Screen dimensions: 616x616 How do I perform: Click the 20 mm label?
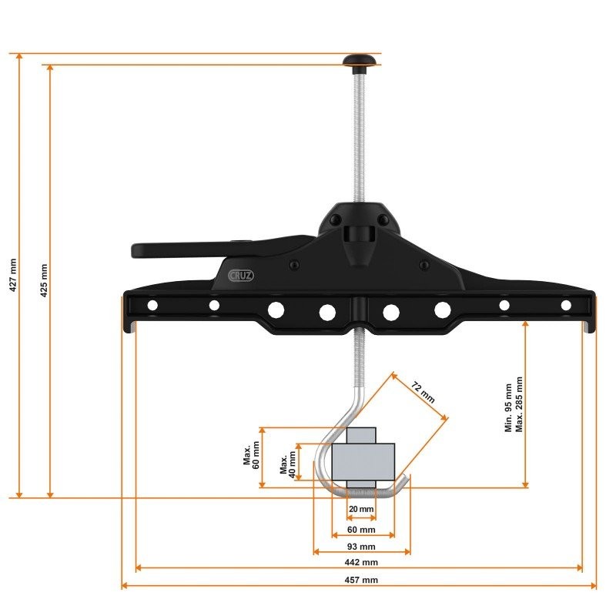click(x=360, y=510)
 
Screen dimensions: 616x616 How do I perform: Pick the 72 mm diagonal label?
click(x=423, y=392)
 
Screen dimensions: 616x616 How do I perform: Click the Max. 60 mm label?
click(x=251, y=457)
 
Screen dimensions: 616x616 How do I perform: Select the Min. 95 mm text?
click(x=508, y=407)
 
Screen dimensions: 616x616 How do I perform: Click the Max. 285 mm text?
click(x=520, y=404)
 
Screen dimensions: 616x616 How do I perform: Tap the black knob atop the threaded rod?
click(x=357, y=60)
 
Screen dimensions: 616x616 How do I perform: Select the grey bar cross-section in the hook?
click(x=363, y=460)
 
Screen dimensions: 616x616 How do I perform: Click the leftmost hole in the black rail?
click(x=152, y=306)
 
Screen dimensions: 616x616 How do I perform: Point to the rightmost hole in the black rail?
click(x=566, y=306)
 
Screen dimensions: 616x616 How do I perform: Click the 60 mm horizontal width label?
click(x=362, y=530)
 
